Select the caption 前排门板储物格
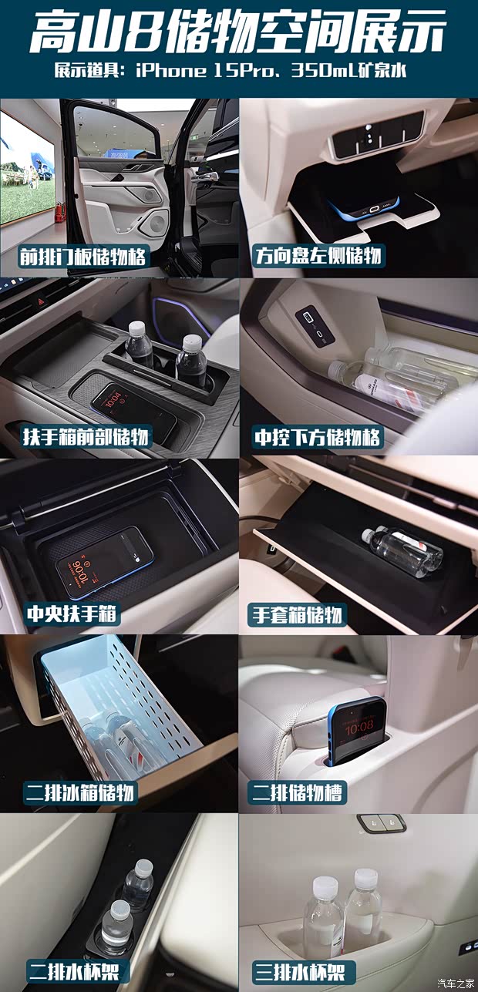pyautogui.click(x=83, y=256)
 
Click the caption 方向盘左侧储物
pyautogui.click(x=319, y=256)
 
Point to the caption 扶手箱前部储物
pyautogui.click(x=86, y=437)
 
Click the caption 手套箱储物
pyautogui.click(x=298, y=614)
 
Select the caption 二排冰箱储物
pyautogui.click(x=79, y=792)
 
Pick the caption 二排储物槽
pyautogui.click(x=296, y=792)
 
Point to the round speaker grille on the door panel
pyautogui.click(x=157, y=224)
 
